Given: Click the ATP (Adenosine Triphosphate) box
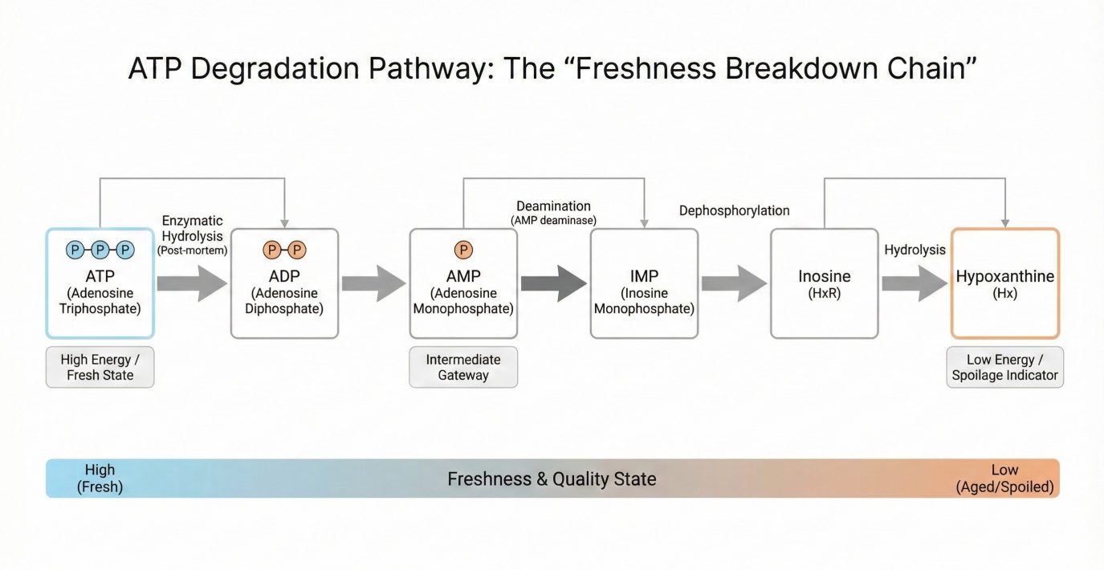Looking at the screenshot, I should tap(100, 283).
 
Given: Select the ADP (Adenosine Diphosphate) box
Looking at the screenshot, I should tap(284, 283).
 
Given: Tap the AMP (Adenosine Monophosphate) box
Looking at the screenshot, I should tap(463, 283).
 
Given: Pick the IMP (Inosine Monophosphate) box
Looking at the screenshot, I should tap(644, 283).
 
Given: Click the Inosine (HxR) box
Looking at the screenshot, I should tap(824, 283).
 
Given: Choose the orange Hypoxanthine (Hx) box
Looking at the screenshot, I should tap(1004, 283).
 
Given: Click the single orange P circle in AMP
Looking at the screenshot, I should tap(463, 250).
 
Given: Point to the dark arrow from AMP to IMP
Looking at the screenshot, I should tap(553, 283).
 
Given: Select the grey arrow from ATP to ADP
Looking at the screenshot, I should tap(192, 283).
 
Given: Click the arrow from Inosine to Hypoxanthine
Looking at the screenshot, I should tap(914, 283).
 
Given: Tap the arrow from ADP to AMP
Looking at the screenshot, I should tap(373, 283).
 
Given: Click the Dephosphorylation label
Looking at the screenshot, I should tap(734, 211).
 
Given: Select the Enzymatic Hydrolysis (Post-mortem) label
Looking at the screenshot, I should tap(192, 234).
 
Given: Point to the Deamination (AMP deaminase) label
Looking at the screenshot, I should tap(553, 213).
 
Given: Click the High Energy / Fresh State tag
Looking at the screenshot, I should tap(100, 368).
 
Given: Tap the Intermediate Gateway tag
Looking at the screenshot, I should tap(463, 368).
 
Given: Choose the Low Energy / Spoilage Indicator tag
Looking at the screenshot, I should tap(1004, 368).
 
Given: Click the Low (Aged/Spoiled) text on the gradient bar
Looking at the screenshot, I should tap(1004, 478).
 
